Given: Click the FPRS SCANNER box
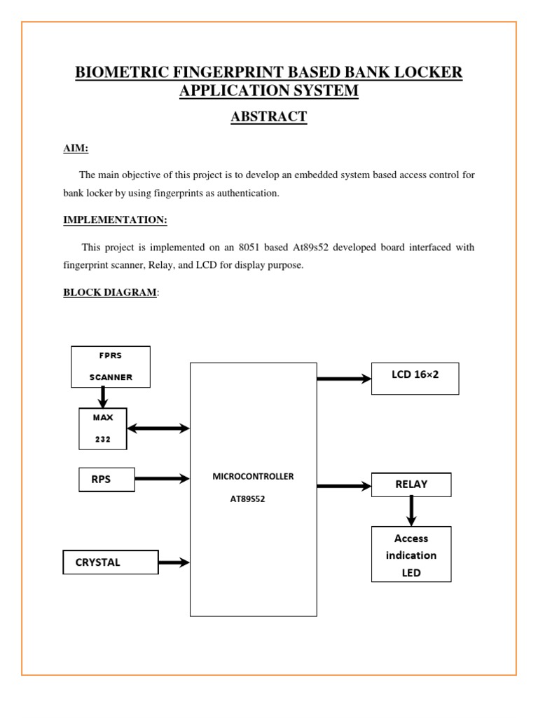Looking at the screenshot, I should coord(111,367).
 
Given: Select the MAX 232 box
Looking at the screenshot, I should coord(103,428).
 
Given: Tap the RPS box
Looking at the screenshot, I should coord(106,480).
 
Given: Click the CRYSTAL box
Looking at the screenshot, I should coord(111,562).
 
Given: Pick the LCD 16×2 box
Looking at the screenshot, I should coord(415,379).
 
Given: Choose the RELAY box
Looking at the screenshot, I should coord(411,485).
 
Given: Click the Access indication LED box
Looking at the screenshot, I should coord(411,555).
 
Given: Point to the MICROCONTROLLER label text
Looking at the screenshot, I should coord(253,476).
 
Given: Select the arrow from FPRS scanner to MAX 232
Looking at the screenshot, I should coord(103,397).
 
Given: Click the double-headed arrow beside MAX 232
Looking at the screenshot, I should coord(158,428).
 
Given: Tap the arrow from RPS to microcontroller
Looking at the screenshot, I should coord(162,479).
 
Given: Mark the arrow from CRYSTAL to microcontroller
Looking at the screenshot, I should coord(174,562).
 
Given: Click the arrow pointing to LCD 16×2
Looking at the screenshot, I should coord(344,379).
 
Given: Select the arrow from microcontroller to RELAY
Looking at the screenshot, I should coord(344,485).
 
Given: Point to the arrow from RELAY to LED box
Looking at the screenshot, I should coord(411,511).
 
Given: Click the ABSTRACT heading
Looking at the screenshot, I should coord(269,116).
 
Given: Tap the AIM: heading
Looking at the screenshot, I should coord(76,149).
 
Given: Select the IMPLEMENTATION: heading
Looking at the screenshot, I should coord(115,220).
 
